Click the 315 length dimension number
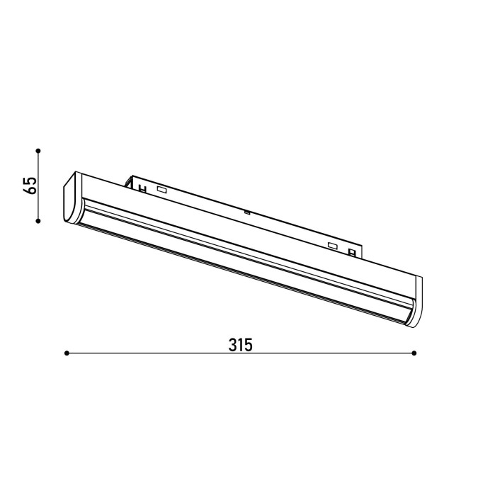click(241, 345)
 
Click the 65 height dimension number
click(30, 185)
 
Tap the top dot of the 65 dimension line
click(38, 151)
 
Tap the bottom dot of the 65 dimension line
click(38, 221)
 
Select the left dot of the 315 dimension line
click(67, 353)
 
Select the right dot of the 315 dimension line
click(414, 353)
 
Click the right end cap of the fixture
click(414, 302)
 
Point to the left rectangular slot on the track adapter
click(161, 189)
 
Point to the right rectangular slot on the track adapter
click(333, 246)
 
